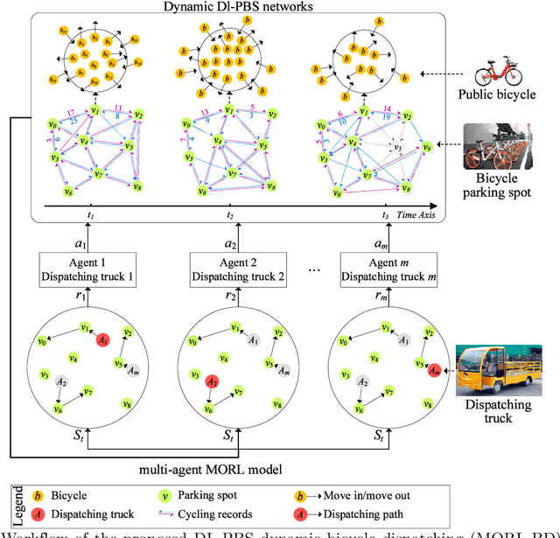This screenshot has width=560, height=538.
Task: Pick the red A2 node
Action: (212, 381)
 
